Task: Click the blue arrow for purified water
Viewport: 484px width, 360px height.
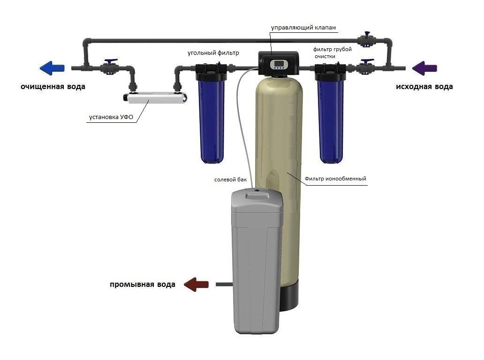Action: tap(52, 68)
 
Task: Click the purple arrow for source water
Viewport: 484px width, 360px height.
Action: tap(424, 68)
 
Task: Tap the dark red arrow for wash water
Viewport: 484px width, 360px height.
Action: tap(196, 284)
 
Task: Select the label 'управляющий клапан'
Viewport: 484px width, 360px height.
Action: tap(303, 28)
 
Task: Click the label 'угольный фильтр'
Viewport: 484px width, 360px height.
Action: tap(213, 53)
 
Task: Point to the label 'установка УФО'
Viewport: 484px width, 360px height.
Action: tap(111, 117)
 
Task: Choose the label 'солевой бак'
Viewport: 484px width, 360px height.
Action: tap(231, 180)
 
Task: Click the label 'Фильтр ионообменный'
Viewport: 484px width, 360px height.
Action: tap(335, 179)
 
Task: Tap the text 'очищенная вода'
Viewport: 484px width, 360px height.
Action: tap(53, 87)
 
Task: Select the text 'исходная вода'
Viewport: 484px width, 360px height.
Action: tap(424, 87)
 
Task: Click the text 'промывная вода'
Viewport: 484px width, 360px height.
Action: tap(143, 285)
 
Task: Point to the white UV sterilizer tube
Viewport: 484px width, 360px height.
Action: tap(156, 97)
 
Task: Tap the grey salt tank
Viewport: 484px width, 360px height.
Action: tap(257, 261)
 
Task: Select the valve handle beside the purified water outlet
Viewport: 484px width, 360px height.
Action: tap(111, 61)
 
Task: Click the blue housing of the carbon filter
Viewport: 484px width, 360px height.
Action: tap(212, 120)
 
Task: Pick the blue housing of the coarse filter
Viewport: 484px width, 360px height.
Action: tap(332, 120)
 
